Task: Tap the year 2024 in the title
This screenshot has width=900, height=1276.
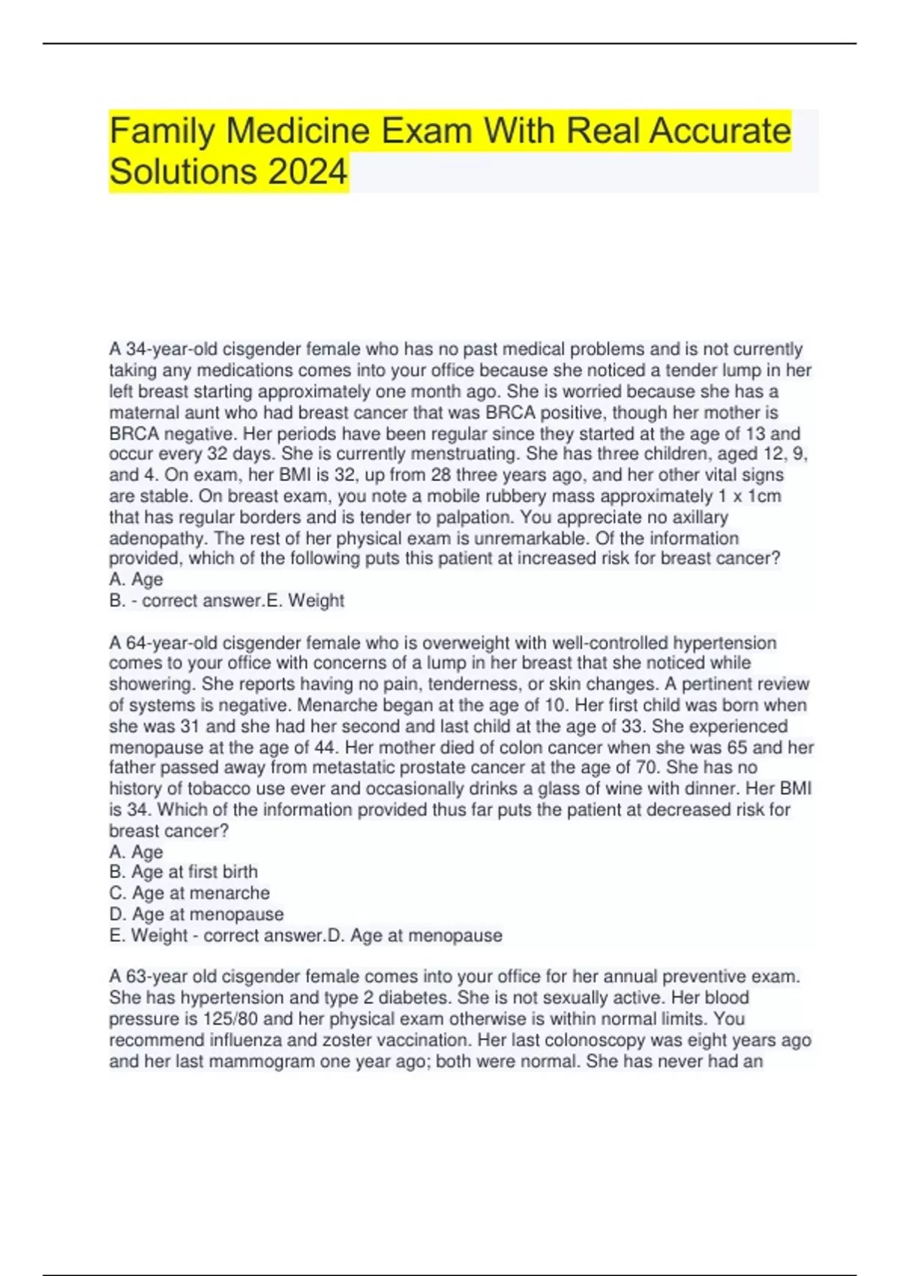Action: click(x=307, y=172)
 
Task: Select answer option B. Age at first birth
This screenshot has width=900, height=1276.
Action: click(x=184, y=872)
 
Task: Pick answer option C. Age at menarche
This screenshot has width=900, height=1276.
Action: click(x=190, y=893)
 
